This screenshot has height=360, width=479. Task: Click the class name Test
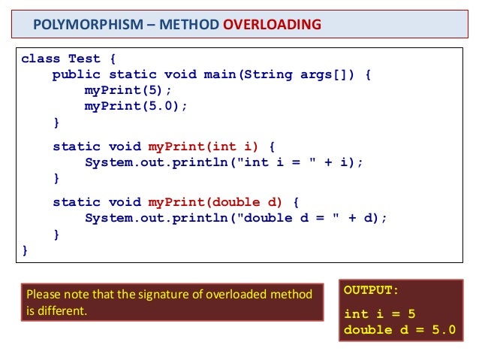(x=84, y=59)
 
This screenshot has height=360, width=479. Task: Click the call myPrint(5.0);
(x=136, y=106)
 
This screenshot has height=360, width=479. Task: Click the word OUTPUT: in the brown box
(x=371, y=289)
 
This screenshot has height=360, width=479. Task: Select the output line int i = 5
(x=378, y=314)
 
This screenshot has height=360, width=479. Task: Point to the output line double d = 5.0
(x=399, y=329)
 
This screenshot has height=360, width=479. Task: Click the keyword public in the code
(x=76, y=74)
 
